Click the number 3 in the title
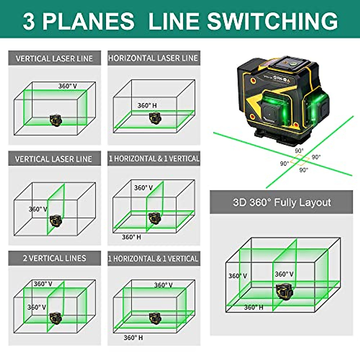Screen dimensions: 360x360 tap(29, 21)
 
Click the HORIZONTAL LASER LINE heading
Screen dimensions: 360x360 tap(153, 58)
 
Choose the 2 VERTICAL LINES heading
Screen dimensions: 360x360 tap(54, 258)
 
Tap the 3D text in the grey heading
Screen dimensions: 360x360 tap(239, 202)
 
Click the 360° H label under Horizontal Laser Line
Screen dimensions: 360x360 tap(147, 106)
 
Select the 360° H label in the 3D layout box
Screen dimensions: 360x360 tap(253, 307)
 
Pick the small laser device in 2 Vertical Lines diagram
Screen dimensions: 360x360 tap(55, 317)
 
